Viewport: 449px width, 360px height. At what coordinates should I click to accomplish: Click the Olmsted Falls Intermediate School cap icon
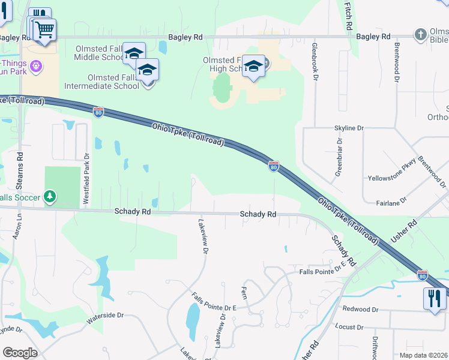[x=147, y=70]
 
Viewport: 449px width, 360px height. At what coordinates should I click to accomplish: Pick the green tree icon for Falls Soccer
[x=50, y=197]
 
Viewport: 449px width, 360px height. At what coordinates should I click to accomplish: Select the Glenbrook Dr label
[x=314, y=58]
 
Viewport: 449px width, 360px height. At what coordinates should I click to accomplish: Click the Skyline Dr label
[x=349, y=128]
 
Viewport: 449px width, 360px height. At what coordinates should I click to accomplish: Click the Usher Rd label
[x=403, y=231]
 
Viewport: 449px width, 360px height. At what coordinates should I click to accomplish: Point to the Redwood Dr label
[x=360, y=310]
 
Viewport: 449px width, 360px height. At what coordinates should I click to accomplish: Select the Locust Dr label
[x=351, y=327]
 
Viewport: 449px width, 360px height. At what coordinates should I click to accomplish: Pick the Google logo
[x=20, y=353]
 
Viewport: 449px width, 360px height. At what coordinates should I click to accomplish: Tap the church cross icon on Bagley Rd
[x=421, y=35]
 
